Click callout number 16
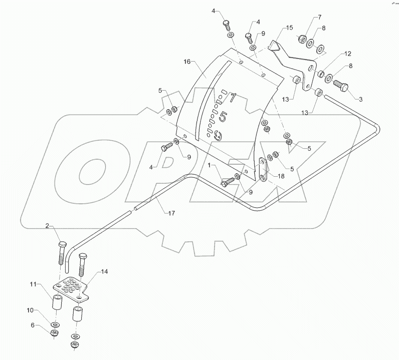[x=187, y=62]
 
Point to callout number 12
[x=347, y=53]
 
